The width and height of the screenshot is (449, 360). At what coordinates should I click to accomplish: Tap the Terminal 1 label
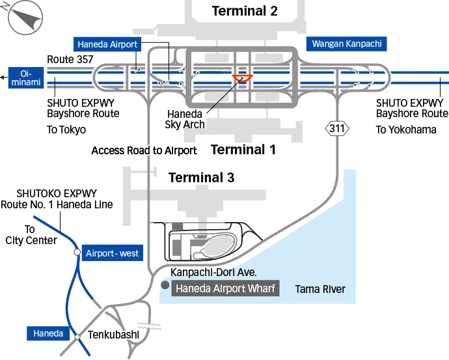click(243, 150)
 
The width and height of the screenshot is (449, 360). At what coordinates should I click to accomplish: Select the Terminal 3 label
click(201, 178)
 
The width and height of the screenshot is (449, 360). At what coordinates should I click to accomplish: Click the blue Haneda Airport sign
click(107, 44)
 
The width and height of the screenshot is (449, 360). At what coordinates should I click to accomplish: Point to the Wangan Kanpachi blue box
click(347, 44)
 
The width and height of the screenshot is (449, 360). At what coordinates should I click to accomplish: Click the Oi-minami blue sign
click(26, 77)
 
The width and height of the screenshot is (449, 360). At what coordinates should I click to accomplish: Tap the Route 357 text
click(70, 59)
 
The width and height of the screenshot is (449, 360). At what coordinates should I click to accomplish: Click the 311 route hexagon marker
click(337, 128)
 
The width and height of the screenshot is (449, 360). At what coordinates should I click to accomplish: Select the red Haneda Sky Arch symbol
click(242, 79)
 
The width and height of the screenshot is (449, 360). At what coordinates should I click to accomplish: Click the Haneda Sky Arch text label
click(185, 119)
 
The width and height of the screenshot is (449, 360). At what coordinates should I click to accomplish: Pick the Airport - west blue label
click(111, 253)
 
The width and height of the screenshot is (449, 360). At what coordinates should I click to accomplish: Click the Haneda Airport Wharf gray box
click(225, 288)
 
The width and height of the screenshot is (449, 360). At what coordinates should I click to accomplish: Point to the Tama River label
click(320, 289)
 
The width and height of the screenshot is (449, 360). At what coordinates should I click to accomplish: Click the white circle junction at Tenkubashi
click(77, 337)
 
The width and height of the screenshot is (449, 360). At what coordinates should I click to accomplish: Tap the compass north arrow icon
click(22, 16)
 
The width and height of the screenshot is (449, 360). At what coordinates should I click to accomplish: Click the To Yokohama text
click(406, 130)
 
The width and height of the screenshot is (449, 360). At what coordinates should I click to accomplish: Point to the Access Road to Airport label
click(144, 150)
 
